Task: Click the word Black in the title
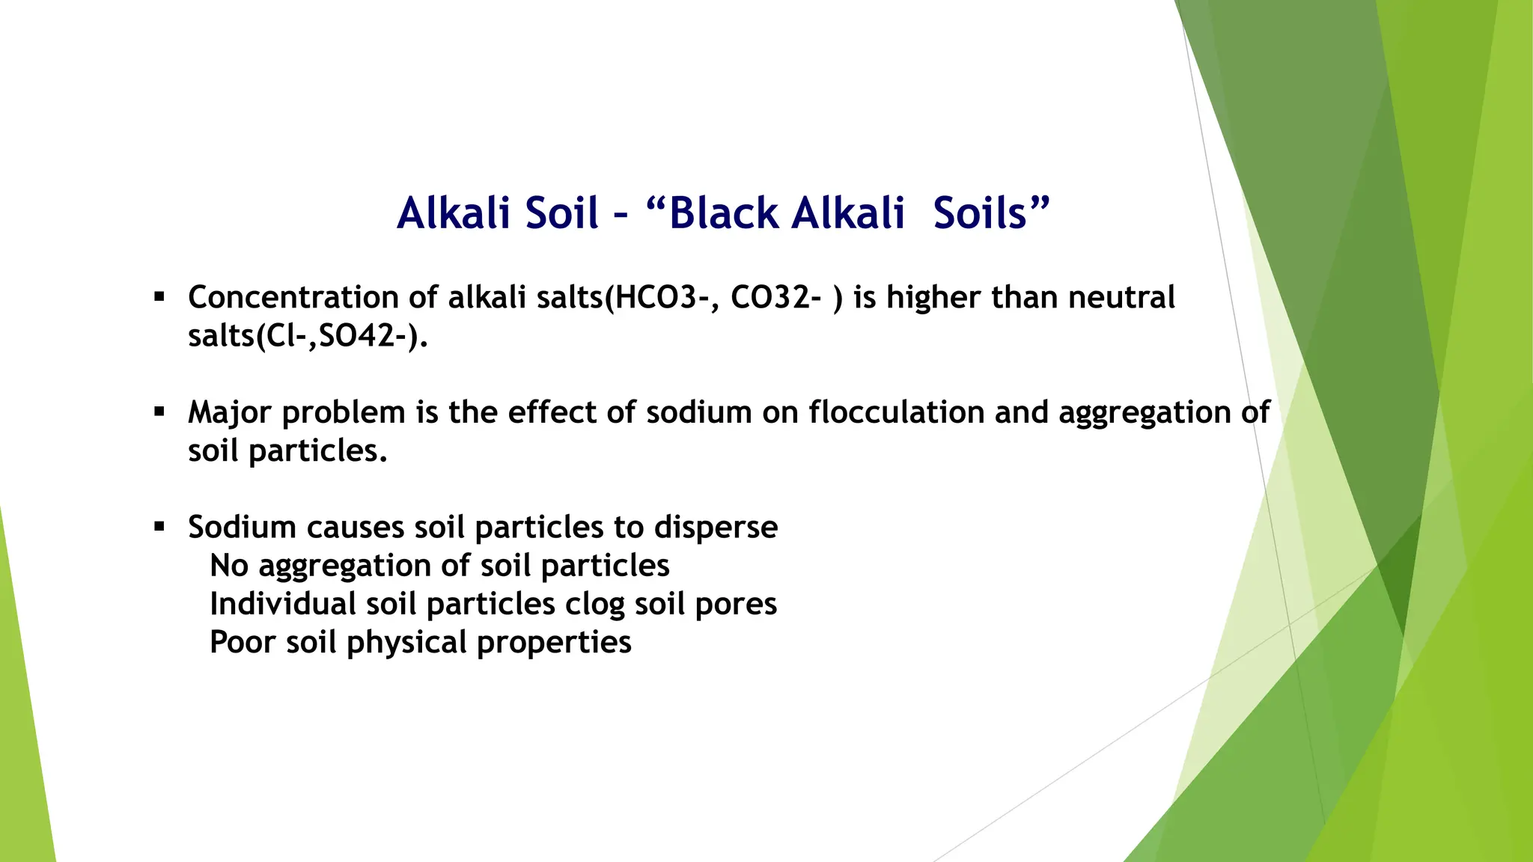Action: coord(724,213)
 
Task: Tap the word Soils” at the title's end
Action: coord(991,213)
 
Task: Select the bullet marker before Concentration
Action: coord(159,297)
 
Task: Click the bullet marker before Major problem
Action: coord(159,412)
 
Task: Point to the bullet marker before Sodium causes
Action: coord(159,527)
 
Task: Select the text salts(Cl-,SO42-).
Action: coord(308,336)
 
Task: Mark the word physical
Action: coord(406,643)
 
